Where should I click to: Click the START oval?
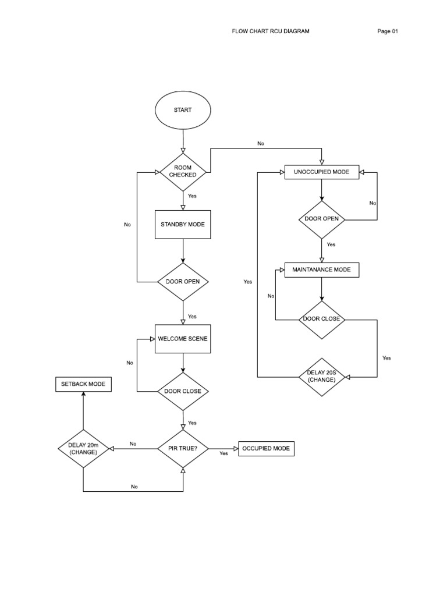click(x=183, y=110)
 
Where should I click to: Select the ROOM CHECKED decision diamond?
click(x=183, y=171)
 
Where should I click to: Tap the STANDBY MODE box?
click(x=183, y=224)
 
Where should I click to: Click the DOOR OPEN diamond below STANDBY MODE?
click(x=183, y=282)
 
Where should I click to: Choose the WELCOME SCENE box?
click(x=183, y=339)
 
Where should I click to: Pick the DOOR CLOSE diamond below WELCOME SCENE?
click(x=183, y=391)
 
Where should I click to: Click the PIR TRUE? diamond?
click(x=183, y=449)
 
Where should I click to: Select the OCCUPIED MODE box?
click(x=267, y=449)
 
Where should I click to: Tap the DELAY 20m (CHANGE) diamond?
click(x=83, y=449)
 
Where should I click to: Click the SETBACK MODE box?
click(x=83, y=384)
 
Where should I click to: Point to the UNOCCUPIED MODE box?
click(x=321, y=172)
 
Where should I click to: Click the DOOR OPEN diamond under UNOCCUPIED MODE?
click(x=321, y=219)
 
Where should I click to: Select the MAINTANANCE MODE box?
click(x=321, y=270)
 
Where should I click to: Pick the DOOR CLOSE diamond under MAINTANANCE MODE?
click(x=321, y=320)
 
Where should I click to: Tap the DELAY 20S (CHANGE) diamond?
click(x=321, y=377)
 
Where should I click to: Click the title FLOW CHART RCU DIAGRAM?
click(x=271, y=31)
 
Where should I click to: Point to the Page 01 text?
click(x=388, y=31)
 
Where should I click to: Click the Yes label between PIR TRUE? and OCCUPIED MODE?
click(x=223, y=453)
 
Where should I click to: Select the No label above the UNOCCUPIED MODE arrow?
click(x=260, y=143)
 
